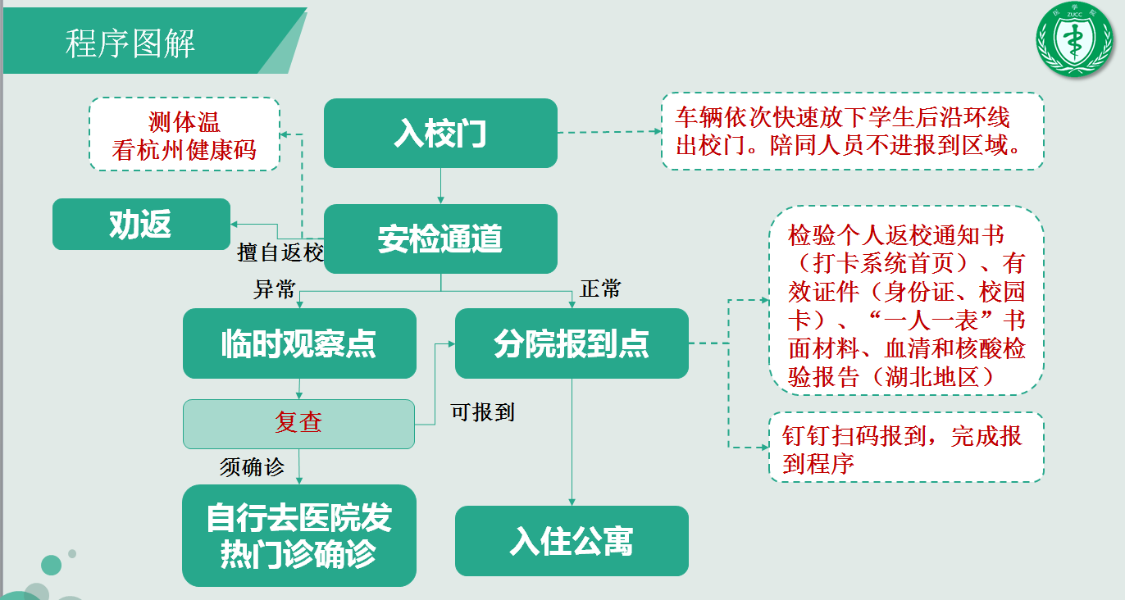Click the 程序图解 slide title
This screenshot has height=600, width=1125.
point(130,43)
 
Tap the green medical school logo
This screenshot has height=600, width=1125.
point(1074,39)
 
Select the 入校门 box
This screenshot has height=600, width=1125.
point(440,133)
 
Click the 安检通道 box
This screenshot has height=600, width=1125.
point(440,239)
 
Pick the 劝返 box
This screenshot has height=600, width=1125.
point(141,224)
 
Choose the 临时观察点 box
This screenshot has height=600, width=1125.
point(299,343)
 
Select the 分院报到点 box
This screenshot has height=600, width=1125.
point(572,343)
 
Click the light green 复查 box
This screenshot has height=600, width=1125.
point(298,424)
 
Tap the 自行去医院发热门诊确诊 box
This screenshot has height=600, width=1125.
point(299,535)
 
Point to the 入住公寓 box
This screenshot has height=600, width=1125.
point(572,541)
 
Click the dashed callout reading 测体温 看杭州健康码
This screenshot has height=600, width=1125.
point(184,134)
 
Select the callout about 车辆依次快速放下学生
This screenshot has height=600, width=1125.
point(852,131)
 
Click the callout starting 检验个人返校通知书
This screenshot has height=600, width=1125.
point(907,300)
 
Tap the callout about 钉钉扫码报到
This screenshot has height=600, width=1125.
point(907,448)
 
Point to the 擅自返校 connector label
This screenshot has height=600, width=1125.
point(280,252)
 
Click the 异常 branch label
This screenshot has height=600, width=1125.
point(274,289)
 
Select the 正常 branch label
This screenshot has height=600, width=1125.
point(601,289)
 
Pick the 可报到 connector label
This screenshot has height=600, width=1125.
point(482,412)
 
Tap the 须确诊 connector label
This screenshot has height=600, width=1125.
point(252,467)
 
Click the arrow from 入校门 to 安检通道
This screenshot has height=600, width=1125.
point(440,186)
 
